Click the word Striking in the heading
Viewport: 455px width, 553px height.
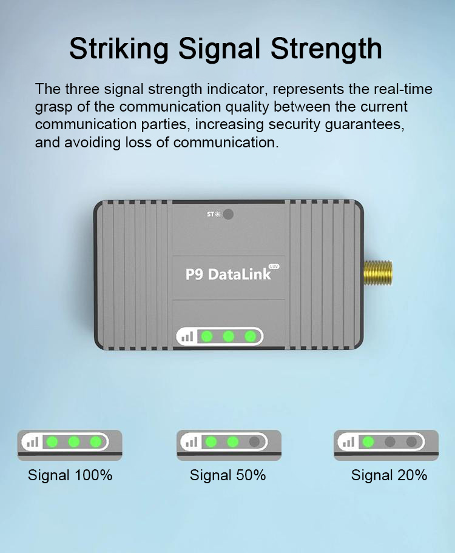(119, 49)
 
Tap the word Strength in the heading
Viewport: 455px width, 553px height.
(326, 49)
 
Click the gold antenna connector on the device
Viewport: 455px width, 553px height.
(378, 273)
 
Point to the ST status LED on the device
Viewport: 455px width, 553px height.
(228, 214)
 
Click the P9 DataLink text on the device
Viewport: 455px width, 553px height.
(228, 274)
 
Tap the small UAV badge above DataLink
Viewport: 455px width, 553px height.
(274, 266)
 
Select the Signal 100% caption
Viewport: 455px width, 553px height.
(70, 475)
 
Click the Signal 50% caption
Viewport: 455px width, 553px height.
(227, 475)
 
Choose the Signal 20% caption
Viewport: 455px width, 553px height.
(389, 475)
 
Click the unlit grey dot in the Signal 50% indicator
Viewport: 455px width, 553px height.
(254, 441)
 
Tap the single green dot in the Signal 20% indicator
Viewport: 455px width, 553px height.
(368, 441)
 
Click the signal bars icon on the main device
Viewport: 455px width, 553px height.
(187, 337)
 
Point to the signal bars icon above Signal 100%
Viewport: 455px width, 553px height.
(32, 442)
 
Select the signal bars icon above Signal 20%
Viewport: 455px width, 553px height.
(348, 442)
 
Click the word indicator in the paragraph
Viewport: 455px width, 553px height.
(237, 89)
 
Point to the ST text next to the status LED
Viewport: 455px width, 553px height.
(211, 214)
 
